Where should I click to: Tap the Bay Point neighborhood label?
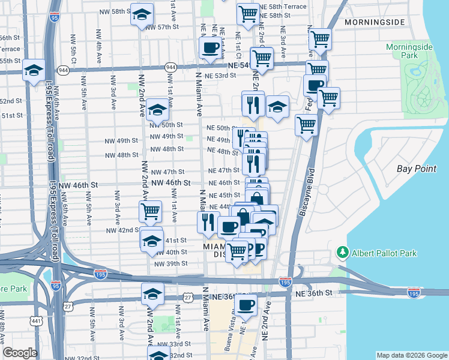coord(417,169)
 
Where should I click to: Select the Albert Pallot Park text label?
coord(384,253)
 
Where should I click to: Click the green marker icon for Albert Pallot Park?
coord(343,252)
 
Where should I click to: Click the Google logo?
coord(20,353)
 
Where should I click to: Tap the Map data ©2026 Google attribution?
coord(411,355)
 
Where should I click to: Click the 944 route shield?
coord(170,67)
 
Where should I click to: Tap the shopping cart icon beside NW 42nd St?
coord(150,211)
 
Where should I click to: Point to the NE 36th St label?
coord(313,292)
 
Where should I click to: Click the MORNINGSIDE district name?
coord(376,22)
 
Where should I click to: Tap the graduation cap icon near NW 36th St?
coord(152,294)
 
